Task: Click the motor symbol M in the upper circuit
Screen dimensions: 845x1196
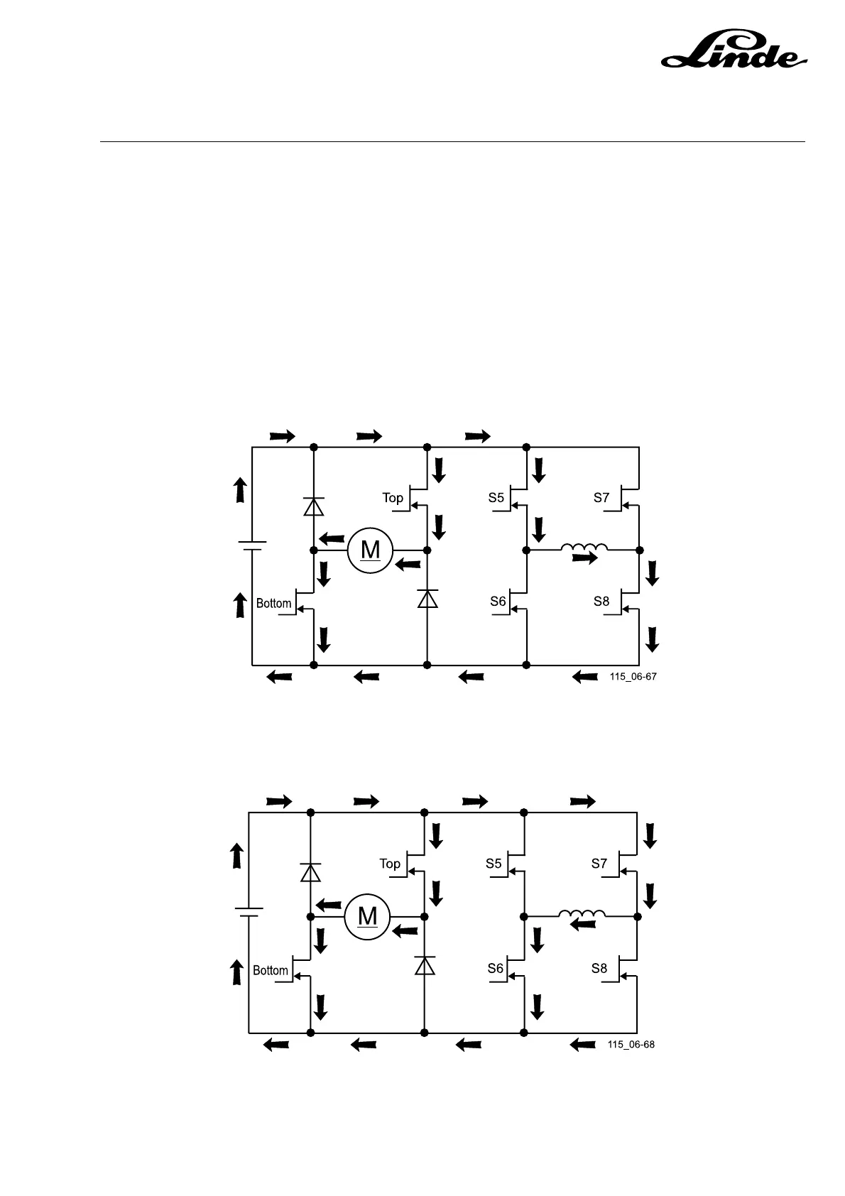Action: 370,550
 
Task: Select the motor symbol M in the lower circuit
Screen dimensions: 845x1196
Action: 367,916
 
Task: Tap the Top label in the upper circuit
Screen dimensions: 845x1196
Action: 393,498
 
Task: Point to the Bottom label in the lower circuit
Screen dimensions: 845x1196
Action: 271,970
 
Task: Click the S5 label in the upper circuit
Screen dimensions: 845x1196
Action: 496,498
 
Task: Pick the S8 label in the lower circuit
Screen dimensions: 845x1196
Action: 599,968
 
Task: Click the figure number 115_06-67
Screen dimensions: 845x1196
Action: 633,677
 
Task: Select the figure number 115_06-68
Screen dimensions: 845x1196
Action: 631,1045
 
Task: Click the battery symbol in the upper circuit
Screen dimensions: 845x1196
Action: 252,545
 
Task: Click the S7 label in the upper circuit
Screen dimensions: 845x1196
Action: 601,498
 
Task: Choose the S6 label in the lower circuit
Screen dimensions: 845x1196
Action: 495,968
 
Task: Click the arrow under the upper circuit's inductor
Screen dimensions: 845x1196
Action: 585,559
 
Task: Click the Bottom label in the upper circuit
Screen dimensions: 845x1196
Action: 273,604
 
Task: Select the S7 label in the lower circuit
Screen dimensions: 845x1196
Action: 599,864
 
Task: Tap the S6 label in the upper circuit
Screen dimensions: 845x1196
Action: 498,602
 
